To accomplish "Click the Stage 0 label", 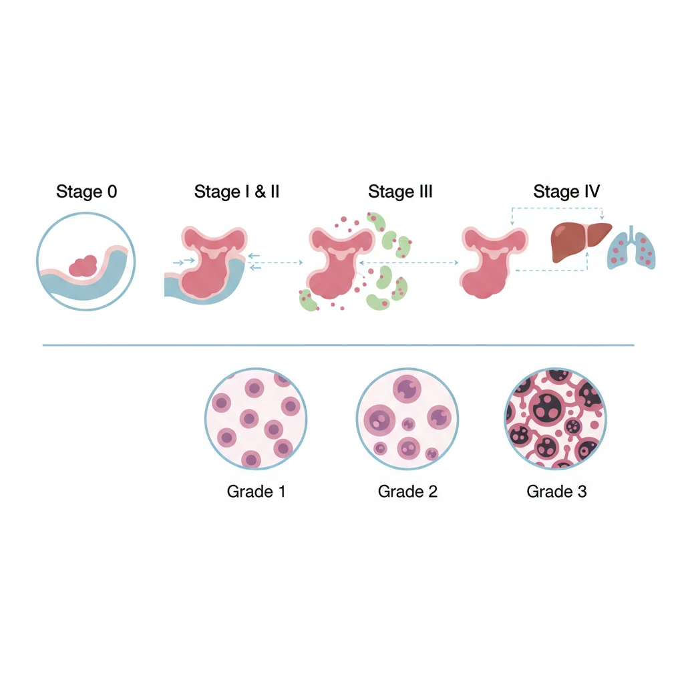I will click(x=86, y=192).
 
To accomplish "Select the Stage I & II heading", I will click(x=236, y=192).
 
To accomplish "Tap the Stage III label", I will click(x=400, y=192).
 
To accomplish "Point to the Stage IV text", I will click(x=566, y=192).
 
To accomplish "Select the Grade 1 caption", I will click(x=256, y=492).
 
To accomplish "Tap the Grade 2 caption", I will click(x=407, y=492).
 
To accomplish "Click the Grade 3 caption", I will click(x=556, y=492).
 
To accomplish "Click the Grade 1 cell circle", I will click(x=256, y=418).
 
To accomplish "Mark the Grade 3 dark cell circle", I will click(x=554, y=418).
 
